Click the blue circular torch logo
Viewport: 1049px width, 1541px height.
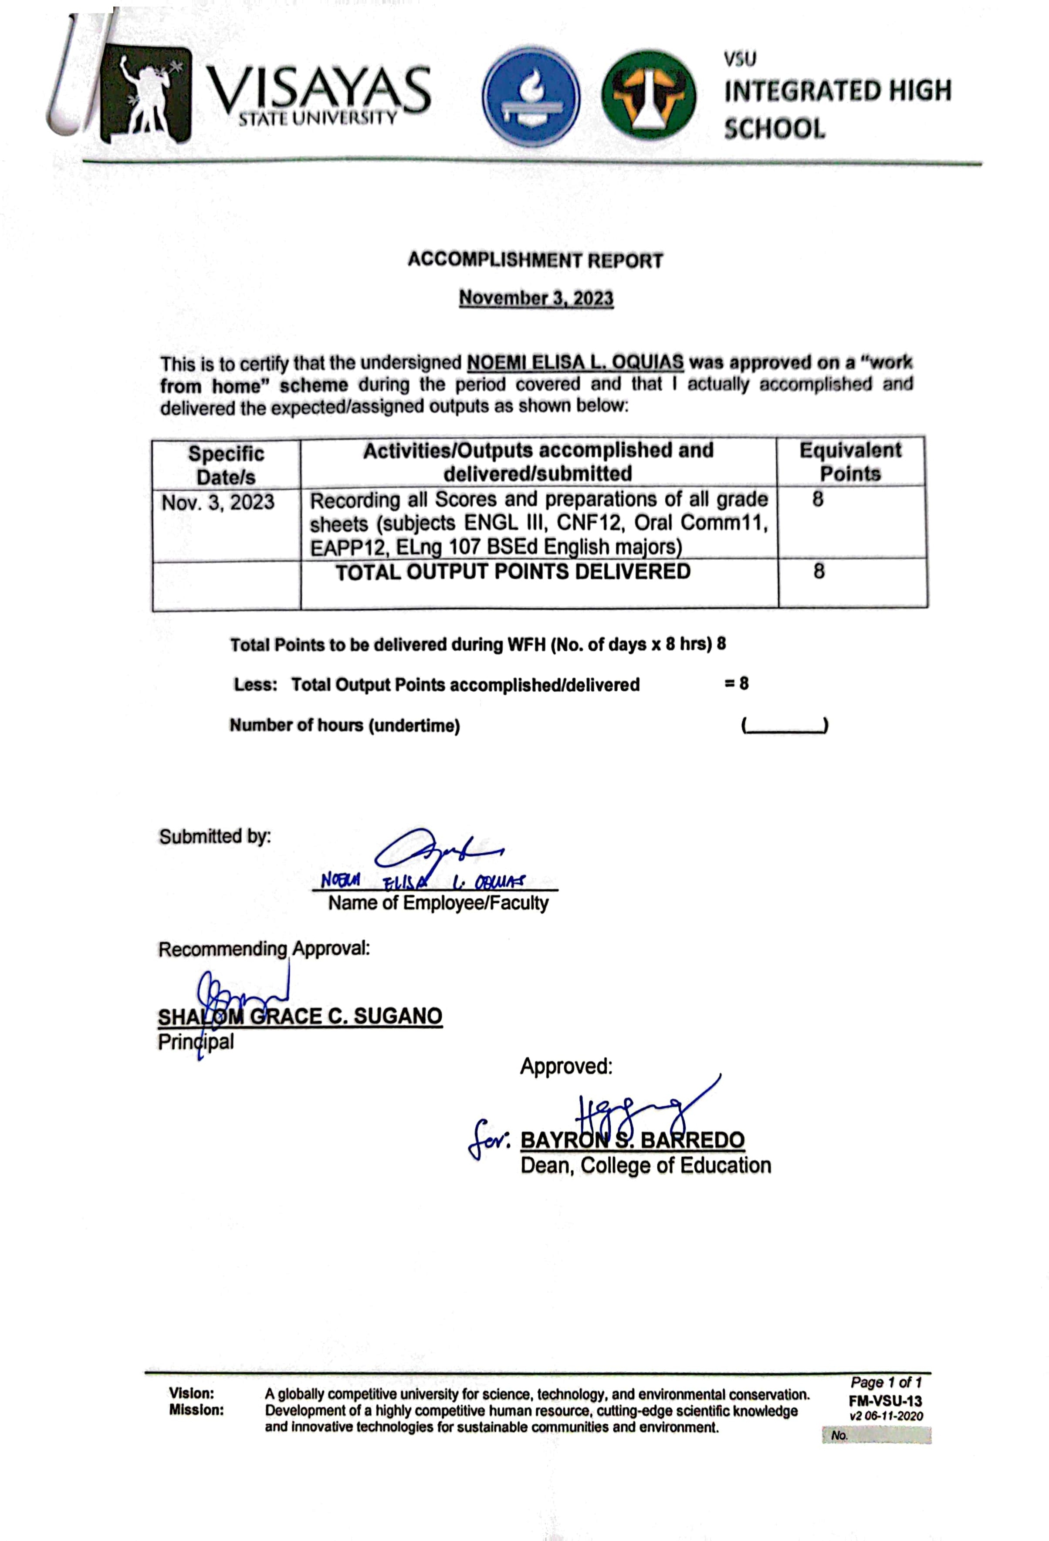[531, 97]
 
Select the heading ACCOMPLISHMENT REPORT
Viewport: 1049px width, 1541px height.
[535, 260]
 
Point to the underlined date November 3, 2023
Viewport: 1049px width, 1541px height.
[536, 298]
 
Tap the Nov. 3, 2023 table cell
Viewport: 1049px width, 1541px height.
[217, 502]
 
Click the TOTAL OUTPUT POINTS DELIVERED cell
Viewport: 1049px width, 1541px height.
[513, 571]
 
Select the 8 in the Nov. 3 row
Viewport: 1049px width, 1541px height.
[818, 499]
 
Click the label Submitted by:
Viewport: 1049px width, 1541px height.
[215, 836]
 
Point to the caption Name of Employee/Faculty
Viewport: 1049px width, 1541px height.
[438, 902]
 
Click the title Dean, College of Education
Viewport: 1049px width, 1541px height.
[645, 1165]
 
